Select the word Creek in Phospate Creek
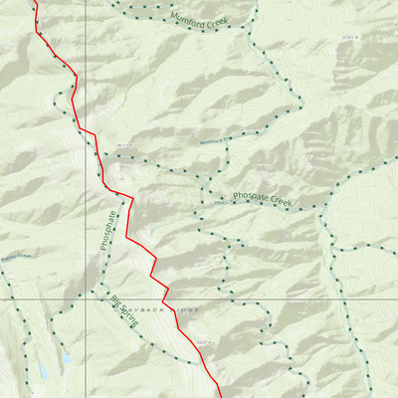pyautogui.click(x=278, y=201)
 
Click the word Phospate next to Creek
pyautogui.click(x=248, y=196)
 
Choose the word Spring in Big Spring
pyautogui.click(x=126, y=315)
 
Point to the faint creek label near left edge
pyautogui.click(x=17, y=256)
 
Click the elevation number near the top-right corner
pyautogui.click(x=347, y=36)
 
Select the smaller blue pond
pyautogui.click(x=66, y=356)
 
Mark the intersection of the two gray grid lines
pyautogui.click(x=85, y=298)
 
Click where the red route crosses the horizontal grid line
pyautogui.click(x=167, y=298)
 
